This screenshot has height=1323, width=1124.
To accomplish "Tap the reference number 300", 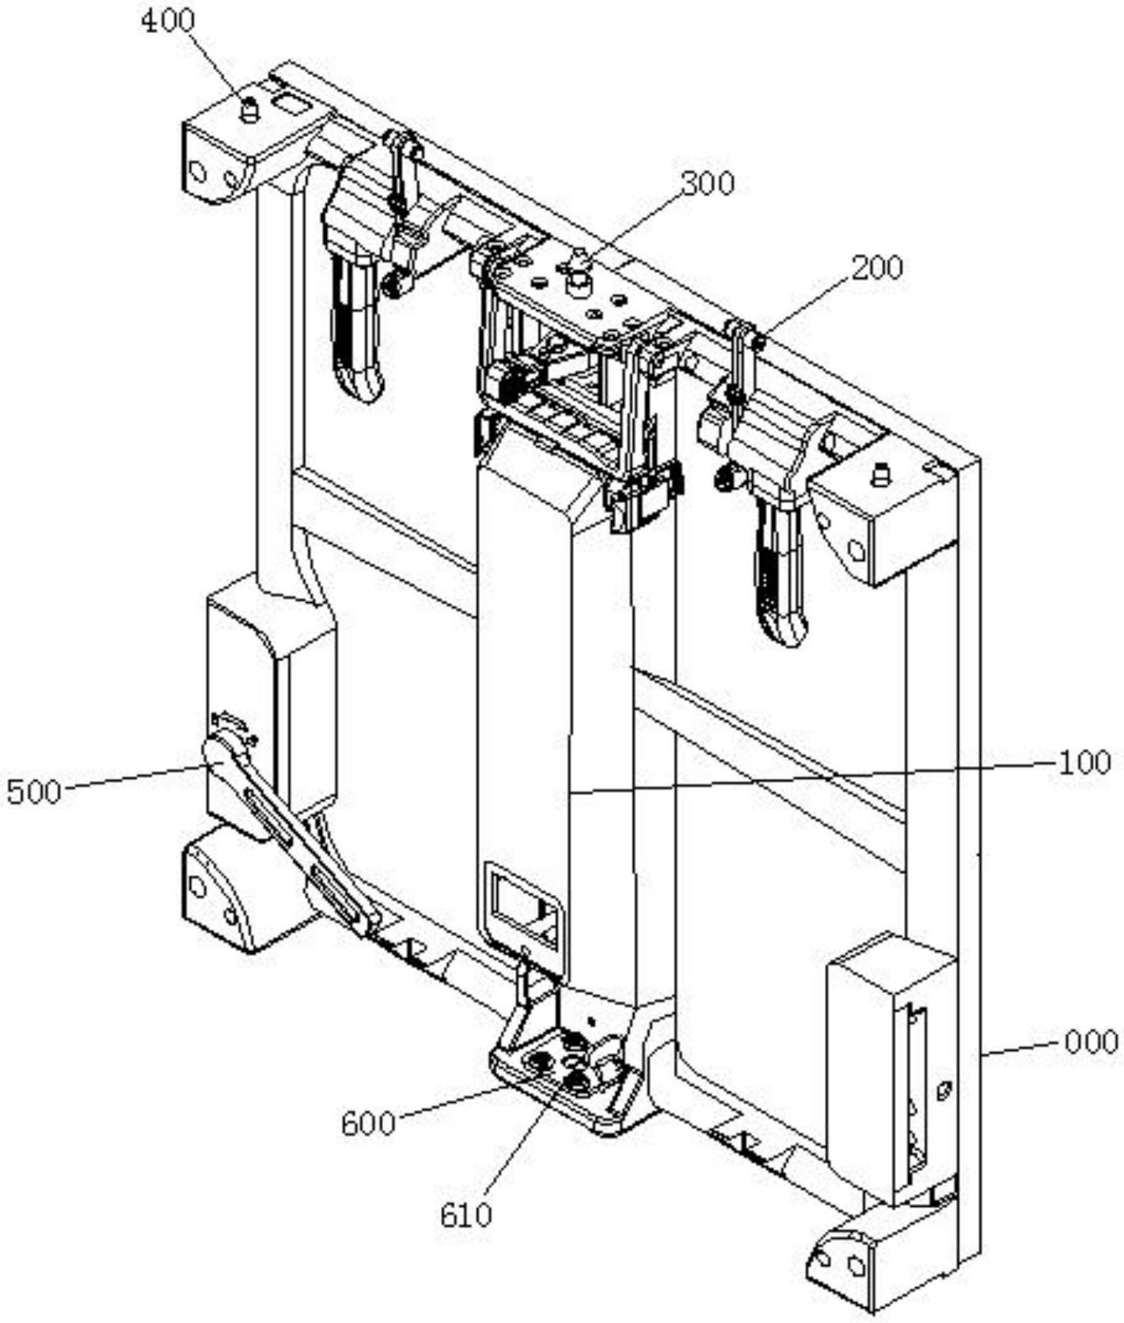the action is click(708, 184).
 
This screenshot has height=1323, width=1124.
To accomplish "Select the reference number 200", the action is click(877, 267).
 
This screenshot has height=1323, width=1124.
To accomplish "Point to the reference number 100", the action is click(1084, 763).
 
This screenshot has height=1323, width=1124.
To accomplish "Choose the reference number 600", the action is click(368, 1124).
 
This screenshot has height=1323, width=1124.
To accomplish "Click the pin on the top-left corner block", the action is click(249, 110).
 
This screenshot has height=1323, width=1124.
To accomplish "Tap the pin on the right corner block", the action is click(877, 476).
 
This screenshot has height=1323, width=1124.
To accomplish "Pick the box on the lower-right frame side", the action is click(890, 1068).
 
